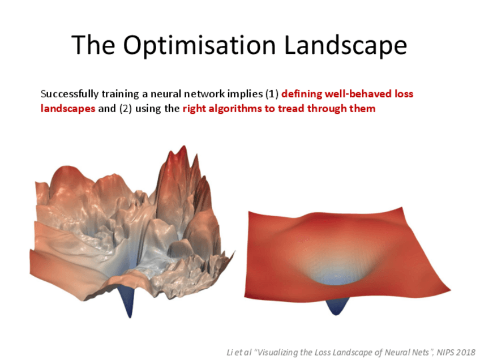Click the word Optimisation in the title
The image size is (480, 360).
pyautogui.click(x=200, y=45)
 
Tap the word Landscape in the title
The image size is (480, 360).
pyautogui.click(x=346, y=45)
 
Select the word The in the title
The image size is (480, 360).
pyautogui.click(x=93, y=45)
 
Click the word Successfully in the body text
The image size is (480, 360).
pyautogui.click(x=70, y=93)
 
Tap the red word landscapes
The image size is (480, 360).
pyautogui.click(x=68, y=109)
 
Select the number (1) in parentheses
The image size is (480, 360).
pyautogui.click(x=272, y=93)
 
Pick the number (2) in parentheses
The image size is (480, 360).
pyautogui.click(x=126, y=109)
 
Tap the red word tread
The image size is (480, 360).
pyautogui.click(x=291, y=108)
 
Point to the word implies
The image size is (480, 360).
pyautogui.click(x=245, y=93)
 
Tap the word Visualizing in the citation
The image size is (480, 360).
pyautogui.click(x=277, y=352)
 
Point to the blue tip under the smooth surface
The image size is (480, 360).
pyautogui.click(x=336, y=306)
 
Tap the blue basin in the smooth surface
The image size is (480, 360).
pyautogui.click(x=336, y=277)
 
